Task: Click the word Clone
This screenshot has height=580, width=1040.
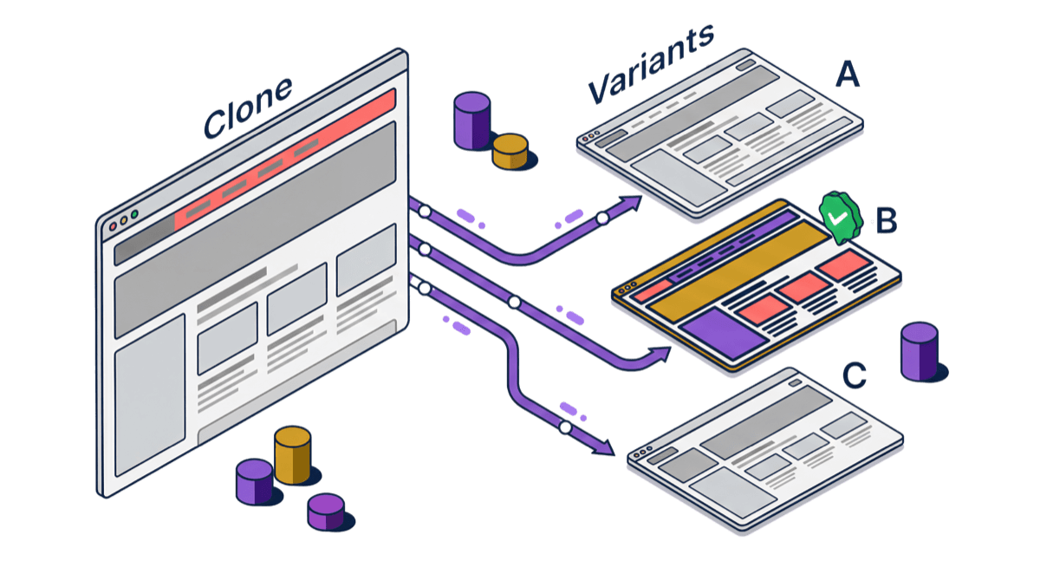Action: [x=248, y=108]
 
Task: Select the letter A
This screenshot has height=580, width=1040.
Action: [x=847, y=75]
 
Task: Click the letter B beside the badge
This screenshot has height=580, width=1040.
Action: [x=884, y=221]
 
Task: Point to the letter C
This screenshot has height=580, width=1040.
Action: [x=854, y=376]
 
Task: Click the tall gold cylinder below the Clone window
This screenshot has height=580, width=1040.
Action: [x=292, y=455]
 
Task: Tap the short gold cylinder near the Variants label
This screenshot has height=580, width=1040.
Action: [x=510, y=151]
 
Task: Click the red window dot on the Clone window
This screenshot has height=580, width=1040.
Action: [x=112, y=226]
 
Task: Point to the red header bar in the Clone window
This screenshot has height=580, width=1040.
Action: [x=286, y=160]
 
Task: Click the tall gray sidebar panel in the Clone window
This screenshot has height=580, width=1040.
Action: [x=150, y=390]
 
